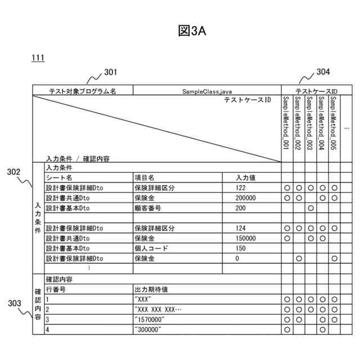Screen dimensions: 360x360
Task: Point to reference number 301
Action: [111, 72]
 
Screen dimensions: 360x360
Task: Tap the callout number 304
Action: [323, 72]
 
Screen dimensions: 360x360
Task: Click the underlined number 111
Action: [38, 58]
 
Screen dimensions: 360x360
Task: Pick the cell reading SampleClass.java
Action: [207, 91]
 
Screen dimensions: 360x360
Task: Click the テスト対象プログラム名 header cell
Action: [83, 91]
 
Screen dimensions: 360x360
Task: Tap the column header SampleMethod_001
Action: [286, 122]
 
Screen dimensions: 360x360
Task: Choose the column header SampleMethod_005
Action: [334, 122]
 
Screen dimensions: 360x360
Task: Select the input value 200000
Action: [246, 198]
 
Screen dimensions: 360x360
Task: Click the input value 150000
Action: [246, 238]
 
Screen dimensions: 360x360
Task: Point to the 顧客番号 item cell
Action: [147, 208]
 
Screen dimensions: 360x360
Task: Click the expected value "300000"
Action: [148, 330]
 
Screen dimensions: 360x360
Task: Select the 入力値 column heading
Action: [246, 178]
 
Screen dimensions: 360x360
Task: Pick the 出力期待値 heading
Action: [151, 290]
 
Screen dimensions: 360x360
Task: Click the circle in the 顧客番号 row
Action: [310, 208]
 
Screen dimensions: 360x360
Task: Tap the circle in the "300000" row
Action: [287, 330]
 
